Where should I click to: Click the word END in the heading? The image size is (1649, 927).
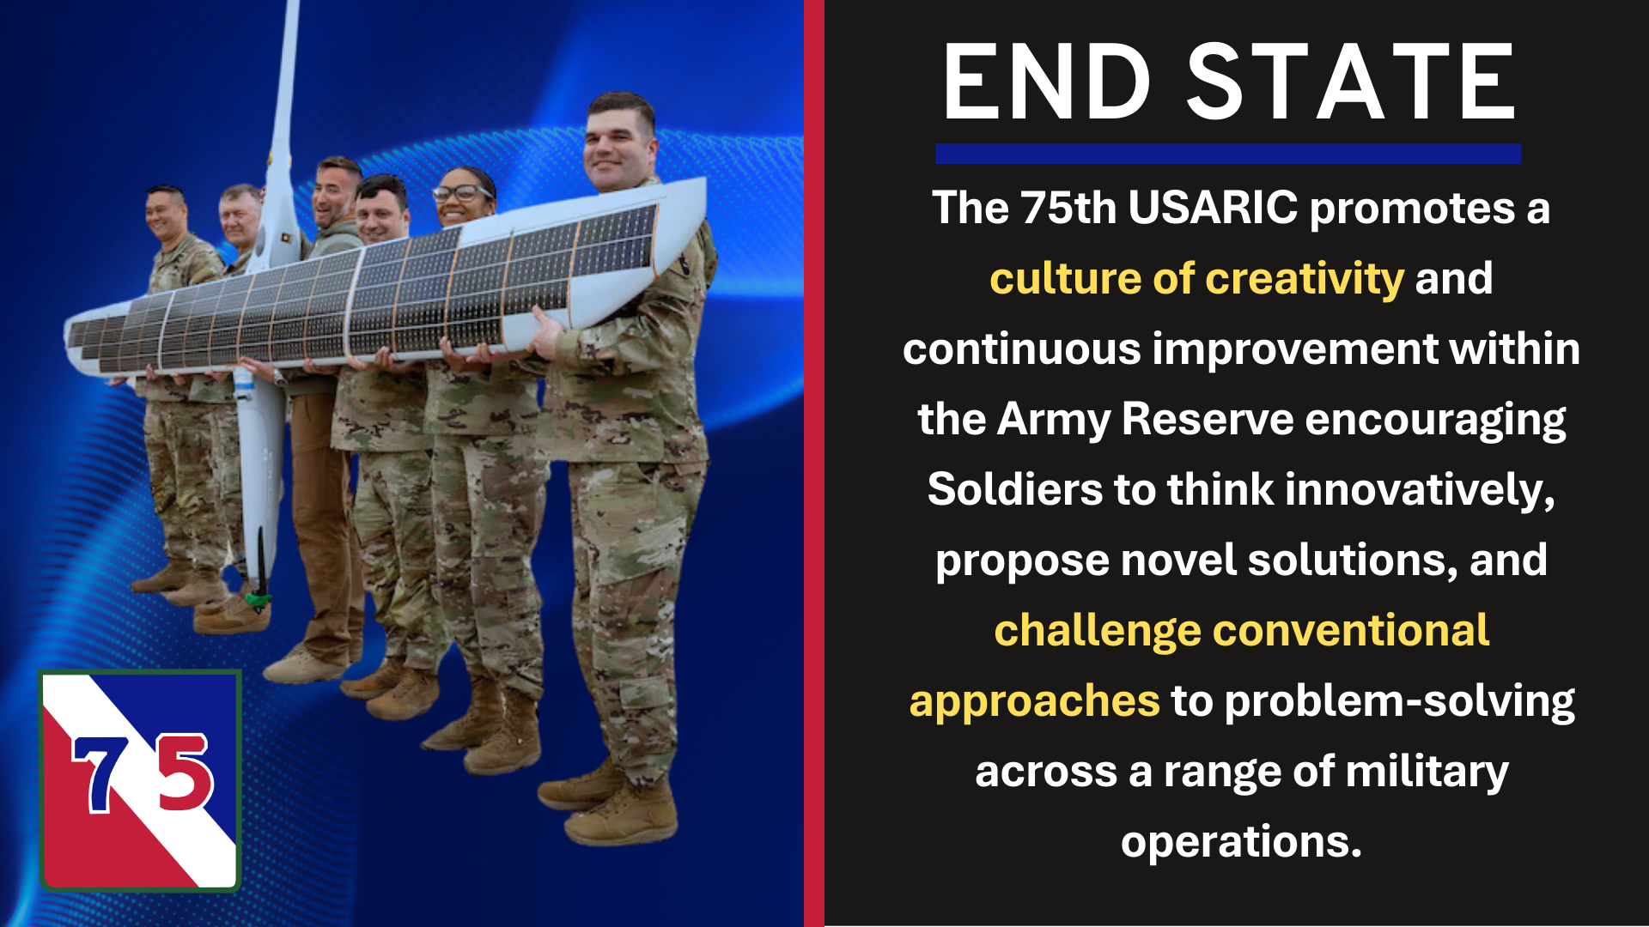[x=1046, y=83]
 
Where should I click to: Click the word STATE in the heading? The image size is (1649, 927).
[x=1351, y=83]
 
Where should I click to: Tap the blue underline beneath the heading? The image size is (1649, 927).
[x=1228, y=154]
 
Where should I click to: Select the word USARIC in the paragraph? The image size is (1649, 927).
[x=1213, y=209]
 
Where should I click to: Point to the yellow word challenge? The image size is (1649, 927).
[x=1097, y=631]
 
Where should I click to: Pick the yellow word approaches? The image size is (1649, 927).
[x=1034, y=701]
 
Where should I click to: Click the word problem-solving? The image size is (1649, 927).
[x=1399, y=701]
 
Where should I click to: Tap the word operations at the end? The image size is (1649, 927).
[x=1240, y=842]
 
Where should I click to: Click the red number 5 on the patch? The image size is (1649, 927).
[x=185, y=772]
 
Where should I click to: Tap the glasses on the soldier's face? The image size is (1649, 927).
[x=461, y=193]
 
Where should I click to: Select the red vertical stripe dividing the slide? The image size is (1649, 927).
[x=813, y=463]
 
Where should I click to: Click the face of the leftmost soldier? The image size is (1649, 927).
[x=166, y=215]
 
